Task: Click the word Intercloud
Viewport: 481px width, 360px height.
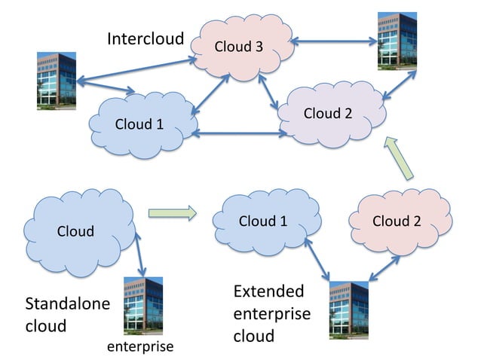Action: point(146,38)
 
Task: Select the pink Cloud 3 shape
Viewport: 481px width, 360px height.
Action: point(240,46)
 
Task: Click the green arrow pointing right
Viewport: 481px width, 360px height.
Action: point(172,214)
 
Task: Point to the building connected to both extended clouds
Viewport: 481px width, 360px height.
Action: point(348,309)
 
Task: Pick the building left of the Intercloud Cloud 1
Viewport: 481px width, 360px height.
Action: point(57,81)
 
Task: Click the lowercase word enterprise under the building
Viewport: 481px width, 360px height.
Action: point(140,346)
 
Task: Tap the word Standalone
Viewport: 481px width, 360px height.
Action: point(68,304)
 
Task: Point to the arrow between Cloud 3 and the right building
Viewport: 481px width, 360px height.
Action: point(332,43)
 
